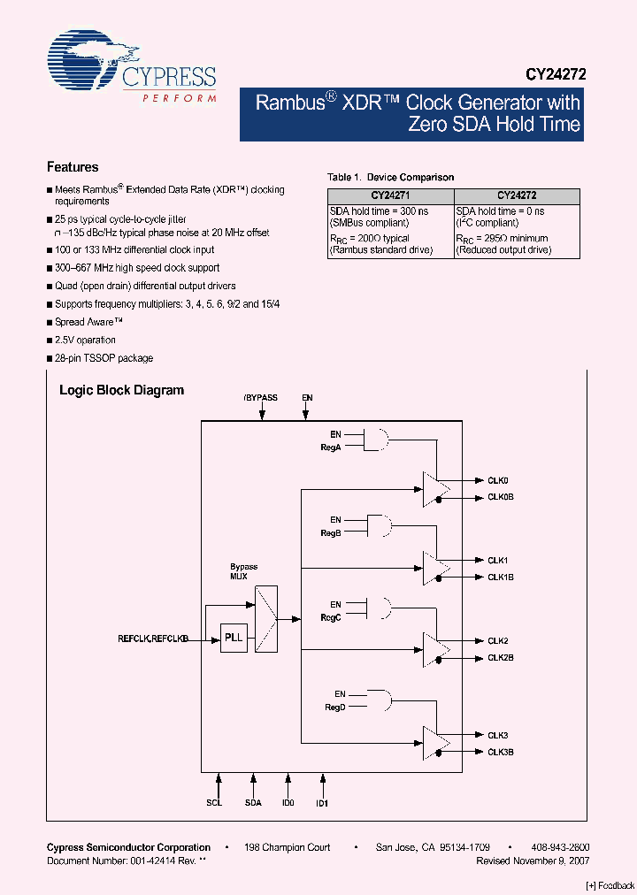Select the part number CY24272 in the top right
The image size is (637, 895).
(x=552, y=76)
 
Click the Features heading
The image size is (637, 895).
(x=73, y=167)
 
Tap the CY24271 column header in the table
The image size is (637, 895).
(x=390, y=195)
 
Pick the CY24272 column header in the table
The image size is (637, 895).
(x=517, y=195)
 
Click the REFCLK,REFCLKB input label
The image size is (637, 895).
(x=153, y=638)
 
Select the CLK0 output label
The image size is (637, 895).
(x=497, y=480)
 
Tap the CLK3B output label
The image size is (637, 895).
(x=500, y=752)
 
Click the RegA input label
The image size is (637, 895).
(x=331, y=447)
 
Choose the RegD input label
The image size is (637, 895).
(x=334, y=708)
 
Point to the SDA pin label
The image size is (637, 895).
(x=254, y=803)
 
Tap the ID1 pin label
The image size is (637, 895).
(x=322, y=803)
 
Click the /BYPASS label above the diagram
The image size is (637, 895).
(x=261, y=398)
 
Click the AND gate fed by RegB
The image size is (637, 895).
(x=380, y=524)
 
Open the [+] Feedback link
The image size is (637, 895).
(x=610, y=885)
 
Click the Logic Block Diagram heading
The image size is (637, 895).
(x=121, y=390)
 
